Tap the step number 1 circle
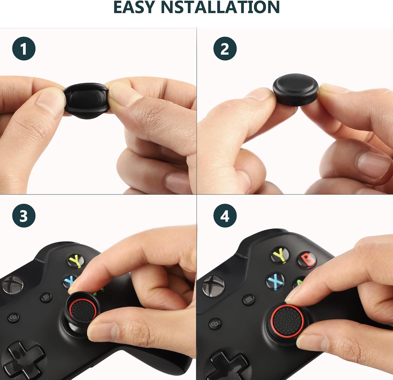click(24, 49)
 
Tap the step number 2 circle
click(225, 49)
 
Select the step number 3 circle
click(24, 216)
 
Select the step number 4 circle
click(225, 216)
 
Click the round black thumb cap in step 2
click(296, 89)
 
